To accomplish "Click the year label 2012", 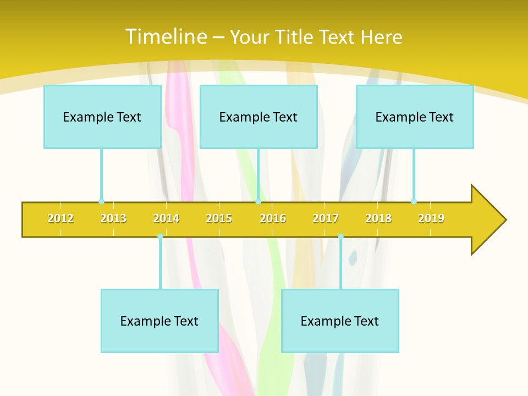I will [x=61, y=218].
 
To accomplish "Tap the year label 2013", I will [x=113, y=218].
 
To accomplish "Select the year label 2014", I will [x=166, y=218].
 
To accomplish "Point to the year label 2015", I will [x=219, y=218].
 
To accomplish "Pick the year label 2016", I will [x=273, y=218].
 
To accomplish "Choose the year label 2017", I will [x=326, y=218].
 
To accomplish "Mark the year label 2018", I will [x=378, y=218].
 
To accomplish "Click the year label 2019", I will [x=431, y=218].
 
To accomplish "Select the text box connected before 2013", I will [x=102, y=117].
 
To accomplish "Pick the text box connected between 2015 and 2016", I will [x=258, y=117].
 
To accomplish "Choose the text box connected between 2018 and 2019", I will [x=415, y=117].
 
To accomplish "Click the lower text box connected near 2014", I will [x=159, y=321].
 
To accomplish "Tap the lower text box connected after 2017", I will [x=340, y=321].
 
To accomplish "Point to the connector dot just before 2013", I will [x=101, y=201].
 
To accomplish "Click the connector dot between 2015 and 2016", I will [x=258, y=201].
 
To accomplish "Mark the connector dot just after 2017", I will [x=340, y=236].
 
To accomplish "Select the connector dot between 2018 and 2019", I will [x=414, y=201].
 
